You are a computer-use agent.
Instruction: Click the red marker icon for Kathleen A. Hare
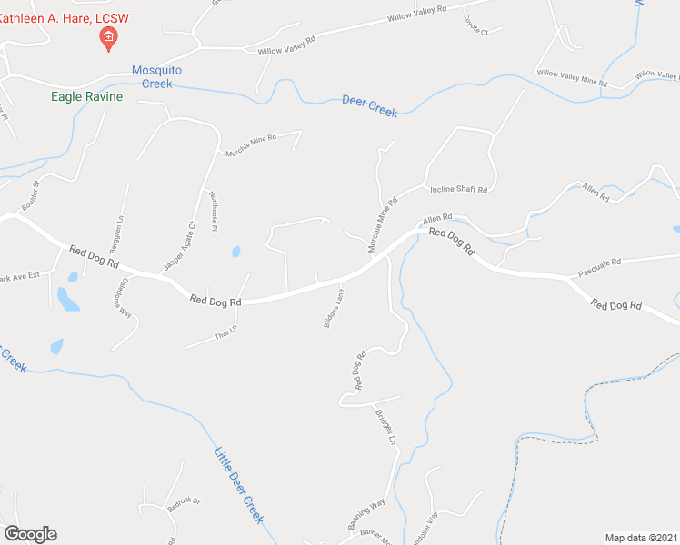tap(108, 37)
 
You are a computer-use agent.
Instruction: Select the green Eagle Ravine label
tap(87, 95)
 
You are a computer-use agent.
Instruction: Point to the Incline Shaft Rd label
tap(458, 190)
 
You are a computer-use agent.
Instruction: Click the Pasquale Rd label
tap(599, 262)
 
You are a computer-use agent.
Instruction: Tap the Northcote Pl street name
tap(214, 210)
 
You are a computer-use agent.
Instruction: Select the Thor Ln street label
tap(225, 332)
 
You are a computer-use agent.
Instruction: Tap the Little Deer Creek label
tap(238, 484)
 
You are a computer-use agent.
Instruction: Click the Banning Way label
tap(365, 513)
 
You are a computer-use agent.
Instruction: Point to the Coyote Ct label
tap(475, 25)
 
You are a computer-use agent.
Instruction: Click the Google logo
tap(30, 534)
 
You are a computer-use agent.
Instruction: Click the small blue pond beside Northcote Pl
tap(235, 251)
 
